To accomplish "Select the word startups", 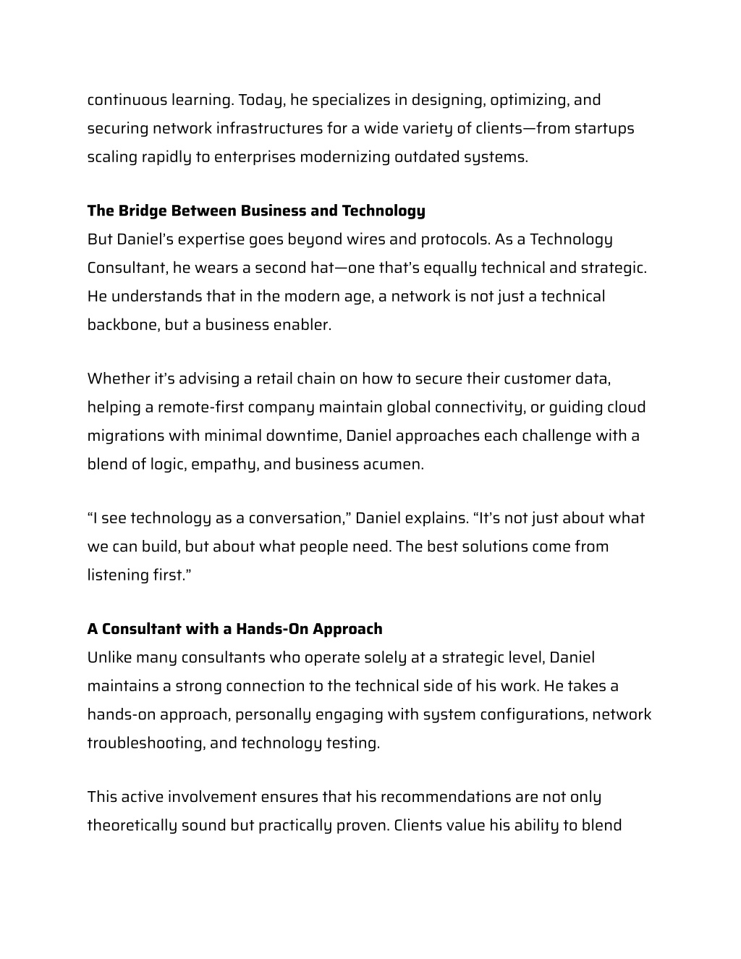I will click(604, 128).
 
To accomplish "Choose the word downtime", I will click(303, 436).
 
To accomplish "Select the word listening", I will click(118, 575).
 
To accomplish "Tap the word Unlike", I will click(109, 658).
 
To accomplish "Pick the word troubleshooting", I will click(145, 743).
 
